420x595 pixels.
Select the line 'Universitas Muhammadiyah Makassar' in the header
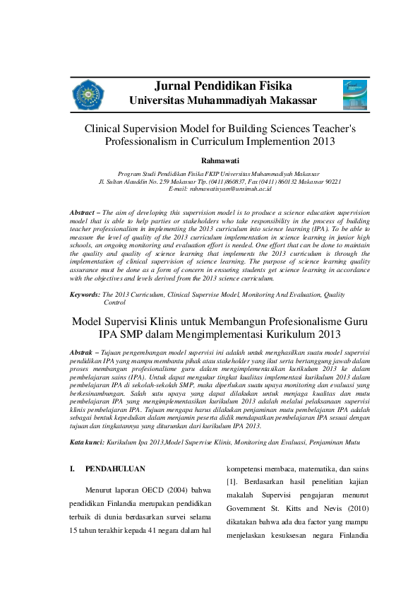[x=223, y=101]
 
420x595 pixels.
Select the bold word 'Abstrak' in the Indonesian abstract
[x=83, y=351]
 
